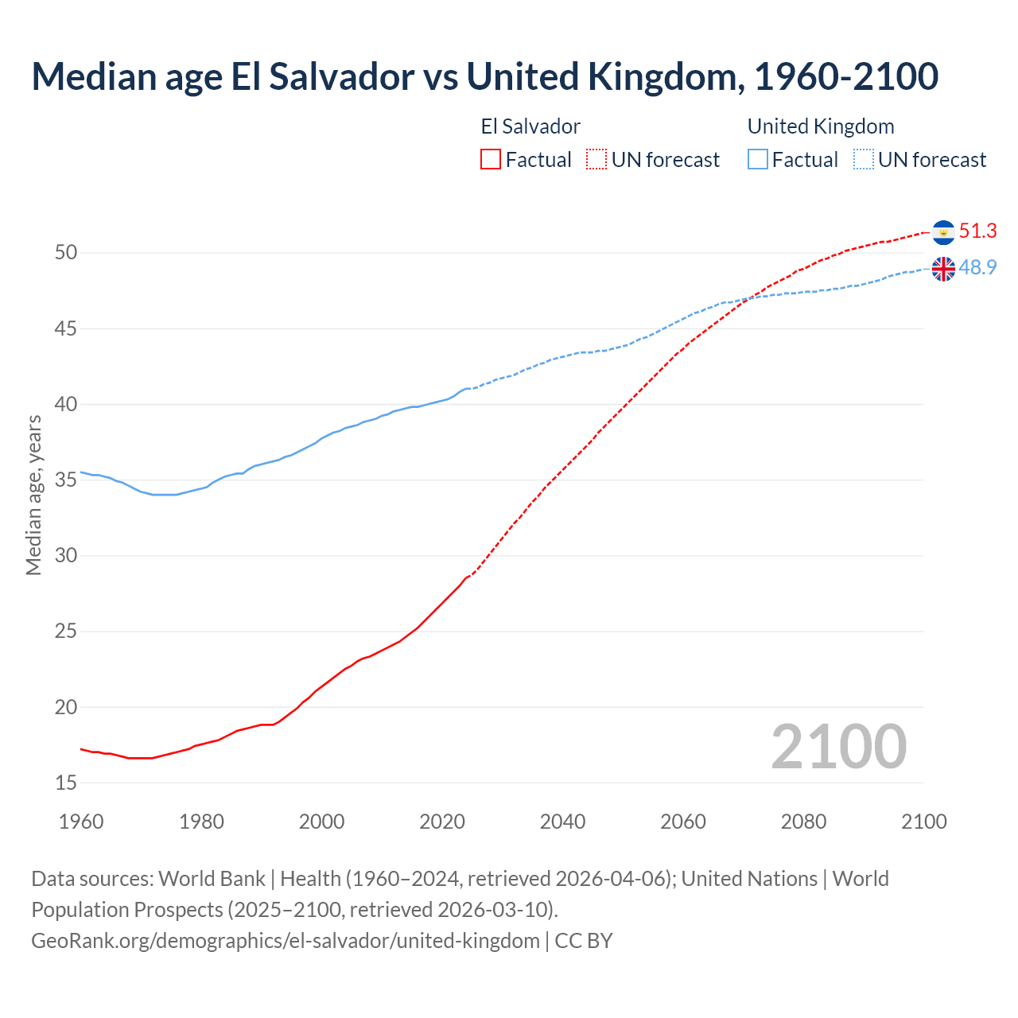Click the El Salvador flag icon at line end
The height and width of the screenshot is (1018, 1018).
(943, 232)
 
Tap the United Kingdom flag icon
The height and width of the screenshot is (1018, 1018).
(943, 269)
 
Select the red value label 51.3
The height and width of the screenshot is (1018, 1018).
(977, 231)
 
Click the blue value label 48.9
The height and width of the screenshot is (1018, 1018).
(977, 268)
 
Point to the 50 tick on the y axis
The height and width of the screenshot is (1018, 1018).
(66, 253)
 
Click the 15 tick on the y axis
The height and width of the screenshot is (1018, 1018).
(66, 783)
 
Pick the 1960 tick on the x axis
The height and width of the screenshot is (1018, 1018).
(81, 822)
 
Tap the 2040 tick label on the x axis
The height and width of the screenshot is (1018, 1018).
(562, 822)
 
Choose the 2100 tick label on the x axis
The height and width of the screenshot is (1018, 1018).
(923, 822)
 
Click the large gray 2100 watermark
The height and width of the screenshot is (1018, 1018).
(838, 747)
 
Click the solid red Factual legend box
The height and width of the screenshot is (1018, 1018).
(491, 160)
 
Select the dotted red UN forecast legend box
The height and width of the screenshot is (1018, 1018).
(596, 160)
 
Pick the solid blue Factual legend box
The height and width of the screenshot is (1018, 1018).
(758, 160)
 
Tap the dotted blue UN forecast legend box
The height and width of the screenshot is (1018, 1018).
(863, 160)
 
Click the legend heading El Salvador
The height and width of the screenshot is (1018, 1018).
(530, 127)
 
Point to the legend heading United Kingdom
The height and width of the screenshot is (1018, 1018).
(821, 127)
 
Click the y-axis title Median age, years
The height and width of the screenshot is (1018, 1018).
(33, 495)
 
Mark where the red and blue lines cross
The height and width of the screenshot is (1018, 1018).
(749, 298)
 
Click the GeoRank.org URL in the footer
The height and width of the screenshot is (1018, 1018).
(286, 941)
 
